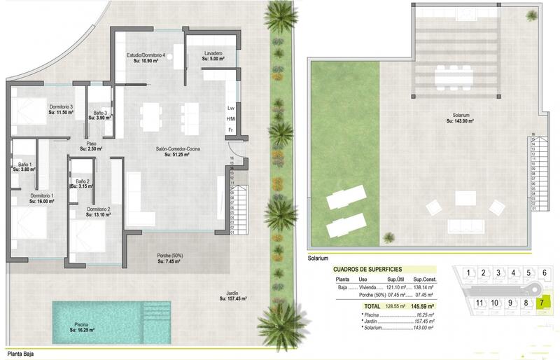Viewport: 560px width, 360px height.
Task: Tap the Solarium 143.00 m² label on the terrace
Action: (x=461, y=118)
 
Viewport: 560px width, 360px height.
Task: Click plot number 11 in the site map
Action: (x=479, y=303)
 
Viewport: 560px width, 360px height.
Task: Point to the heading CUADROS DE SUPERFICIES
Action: (x=370, y=269)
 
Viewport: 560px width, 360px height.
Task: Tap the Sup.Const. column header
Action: (x=424, y=279)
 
